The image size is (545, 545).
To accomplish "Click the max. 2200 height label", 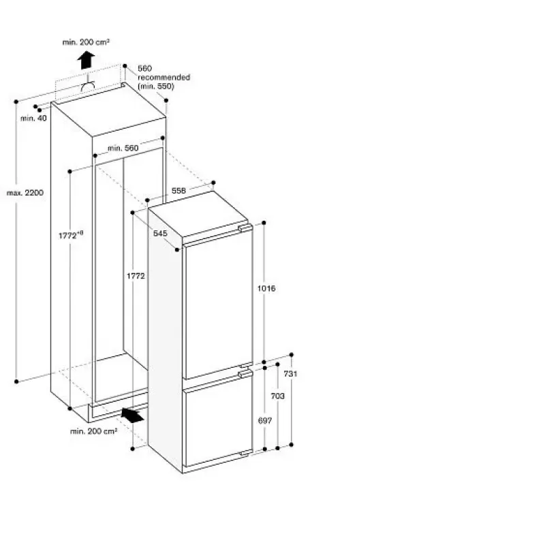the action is point(25,193).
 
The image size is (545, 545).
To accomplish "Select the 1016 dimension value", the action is point(266,288).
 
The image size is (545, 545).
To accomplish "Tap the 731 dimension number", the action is point(291,373).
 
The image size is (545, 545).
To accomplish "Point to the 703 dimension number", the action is point(278,396).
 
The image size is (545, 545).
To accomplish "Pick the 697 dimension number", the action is point(265,420).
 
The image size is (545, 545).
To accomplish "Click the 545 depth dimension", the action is point(160,233).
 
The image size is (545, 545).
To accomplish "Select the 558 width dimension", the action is point(178,191).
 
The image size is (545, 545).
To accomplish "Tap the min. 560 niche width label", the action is point(123,148).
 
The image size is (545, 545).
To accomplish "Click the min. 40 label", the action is point(33,118).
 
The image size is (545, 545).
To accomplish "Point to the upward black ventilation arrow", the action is point(86,60).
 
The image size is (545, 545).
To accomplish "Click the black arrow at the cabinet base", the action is point(133,415).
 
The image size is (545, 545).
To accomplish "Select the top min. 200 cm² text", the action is point(86,42).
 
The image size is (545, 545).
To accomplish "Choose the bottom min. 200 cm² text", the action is point(93,431).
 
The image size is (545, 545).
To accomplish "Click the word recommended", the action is point(163,77).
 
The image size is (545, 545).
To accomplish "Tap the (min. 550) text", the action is point(156,87).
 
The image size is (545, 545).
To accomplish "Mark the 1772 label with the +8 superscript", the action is point(71,235).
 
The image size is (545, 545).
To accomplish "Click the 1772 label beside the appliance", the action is point(136,276).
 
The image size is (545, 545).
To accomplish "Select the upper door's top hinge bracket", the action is point(245,228).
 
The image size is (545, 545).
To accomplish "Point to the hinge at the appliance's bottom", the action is point(245,453).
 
